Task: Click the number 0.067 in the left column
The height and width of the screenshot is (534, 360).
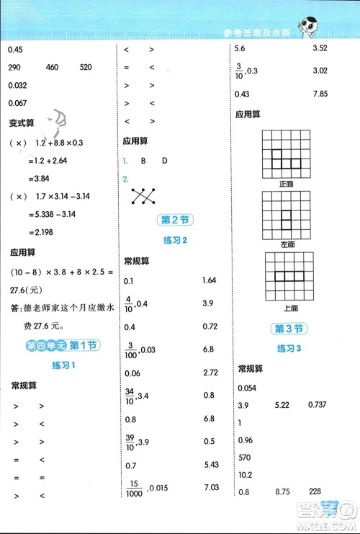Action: click(x=17, y=102)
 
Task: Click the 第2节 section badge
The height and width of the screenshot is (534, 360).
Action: click(x=174, y=220)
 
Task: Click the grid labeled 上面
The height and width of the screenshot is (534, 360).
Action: click(x=290, y=276)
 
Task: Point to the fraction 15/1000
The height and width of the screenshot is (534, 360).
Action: click(x=132, y=489)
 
